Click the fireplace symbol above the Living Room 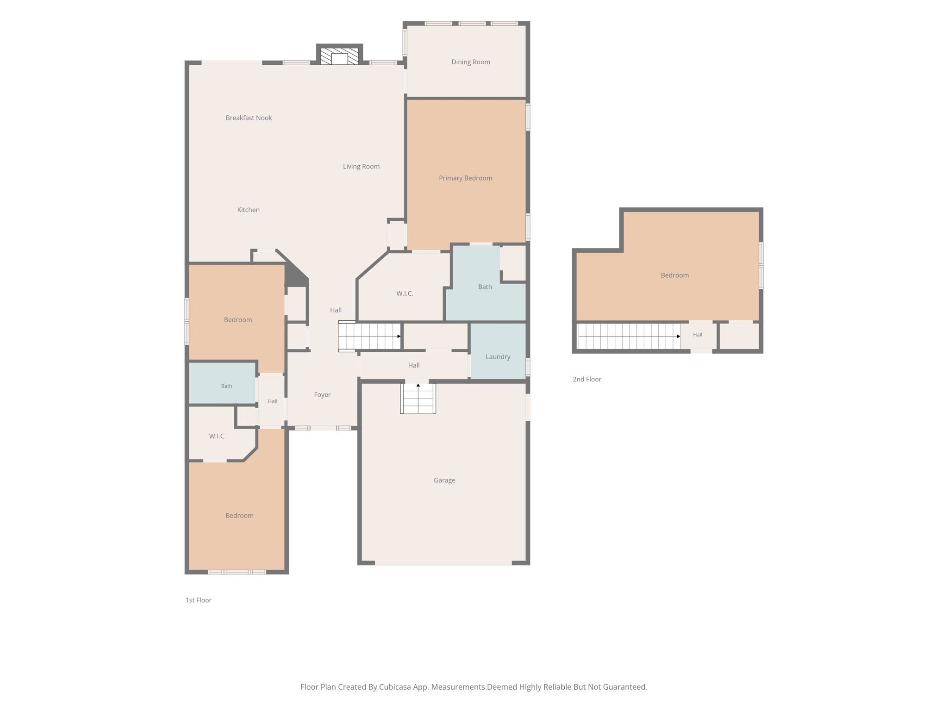coord(339,56)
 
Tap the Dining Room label coord(471,62)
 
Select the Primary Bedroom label coord(465,178)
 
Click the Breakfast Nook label coord(249,118)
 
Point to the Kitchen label coord(248,210)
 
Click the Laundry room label coord(498,357)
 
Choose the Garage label coord(444,480)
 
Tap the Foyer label coord(322,395)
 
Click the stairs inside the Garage coord(418,398)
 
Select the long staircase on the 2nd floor coord(629,336)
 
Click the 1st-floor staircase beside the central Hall coord(369,336)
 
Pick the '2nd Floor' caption coord(587,380)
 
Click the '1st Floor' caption coord(199,600)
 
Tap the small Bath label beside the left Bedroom coord(226,386)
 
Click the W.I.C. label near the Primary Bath coord(405,293)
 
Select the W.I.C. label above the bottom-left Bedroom coord(217,436)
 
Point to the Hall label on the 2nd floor coord(698,335)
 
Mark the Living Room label coord(361,167)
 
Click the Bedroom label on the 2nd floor coord(674,275)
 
